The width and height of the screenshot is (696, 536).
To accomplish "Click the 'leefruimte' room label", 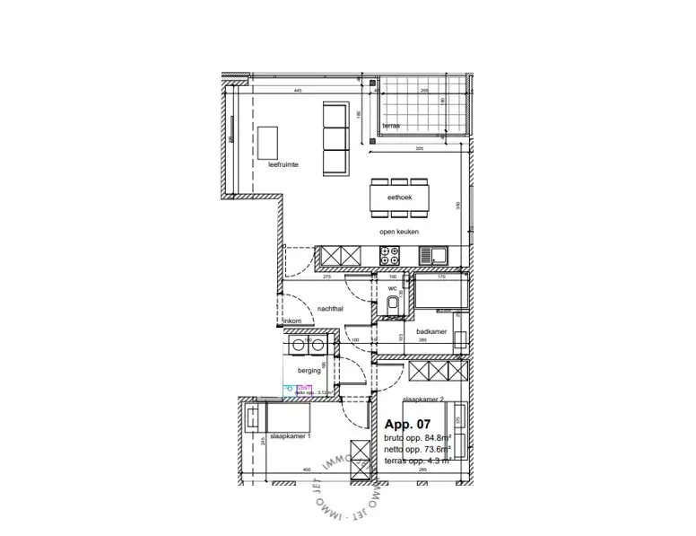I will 283,165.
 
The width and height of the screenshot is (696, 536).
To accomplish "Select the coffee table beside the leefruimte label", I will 266,141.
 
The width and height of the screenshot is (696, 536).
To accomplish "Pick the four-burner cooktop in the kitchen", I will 392,257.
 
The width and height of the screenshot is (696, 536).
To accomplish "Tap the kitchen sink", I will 439,257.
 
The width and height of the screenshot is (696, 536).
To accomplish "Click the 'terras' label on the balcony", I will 391,127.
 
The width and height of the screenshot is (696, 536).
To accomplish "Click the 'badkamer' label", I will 432,331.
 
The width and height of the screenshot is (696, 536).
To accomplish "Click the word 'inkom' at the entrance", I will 292,321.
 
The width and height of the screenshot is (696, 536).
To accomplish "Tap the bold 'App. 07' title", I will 408,424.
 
